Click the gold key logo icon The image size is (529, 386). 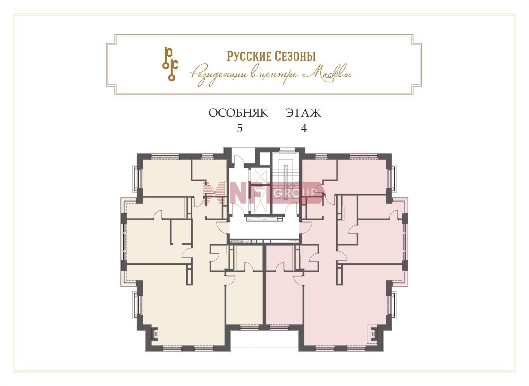(x=170, y=64)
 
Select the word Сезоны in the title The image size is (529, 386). (x=294, y=56)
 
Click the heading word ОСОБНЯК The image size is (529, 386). (x=238, y=113)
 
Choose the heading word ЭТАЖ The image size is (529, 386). (x=303, y=113)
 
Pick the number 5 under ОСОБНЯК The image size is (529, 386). (x=240, y=128)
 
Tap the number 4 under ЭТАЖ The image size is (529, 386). (x=304, y=128)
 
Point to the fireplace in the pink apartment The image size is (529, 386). (x=374, y=334)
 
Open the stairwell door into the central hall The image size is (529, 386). (x=292, y=208)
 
